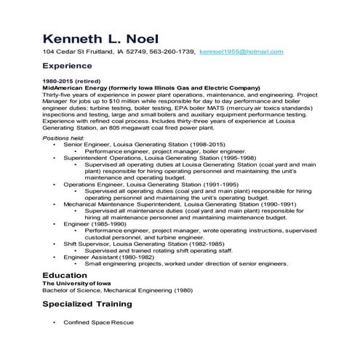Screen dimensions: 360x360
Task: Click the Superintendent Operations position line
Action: pyautogui.click(x=149, y=158)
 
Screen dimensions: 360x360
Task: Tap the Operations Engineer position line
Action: pyautogui.click(x=143, y=185)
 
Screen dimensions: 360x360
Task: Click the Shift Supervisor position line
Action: pyautogui.click(x=139, y=244)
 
